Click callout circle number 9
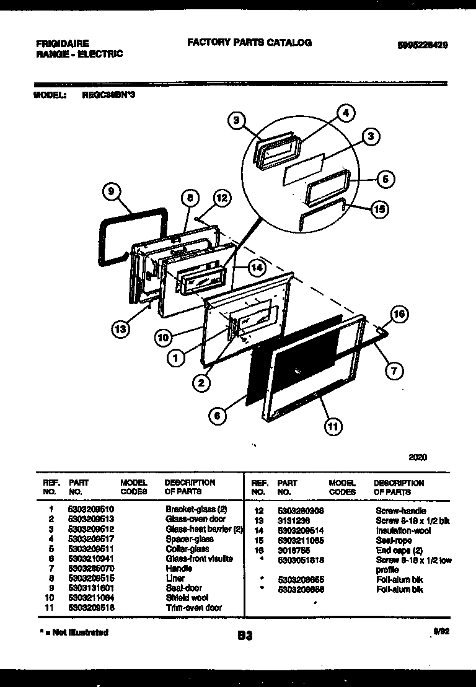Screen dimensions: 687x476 pos(110,192)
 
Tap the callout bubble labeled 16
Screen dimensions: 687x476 pos(399,315)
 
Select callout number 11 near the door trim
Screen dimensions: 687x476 pos(333,426)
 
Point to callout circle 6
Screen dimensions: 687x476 pos(216,416)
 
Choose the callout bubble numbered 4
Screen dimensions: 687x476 pos(345,113)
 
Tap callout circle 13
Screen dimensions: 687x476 pos(121,329)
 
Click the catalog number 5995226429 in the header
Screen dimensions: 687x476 pos(423,45)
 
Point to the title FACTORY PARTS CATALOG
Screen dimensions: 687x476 pos(249,43)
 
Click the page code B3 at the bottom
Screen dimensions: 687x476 pos(245,636)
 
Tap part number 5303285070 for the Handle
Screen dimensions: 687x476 pos(92,568)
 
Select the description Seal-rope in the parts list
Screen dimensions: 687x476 pos(394,541)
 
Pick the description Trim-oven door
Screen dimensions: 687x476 pos(193,608)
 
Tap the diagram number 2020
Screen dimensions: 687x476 pos(418,458)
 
